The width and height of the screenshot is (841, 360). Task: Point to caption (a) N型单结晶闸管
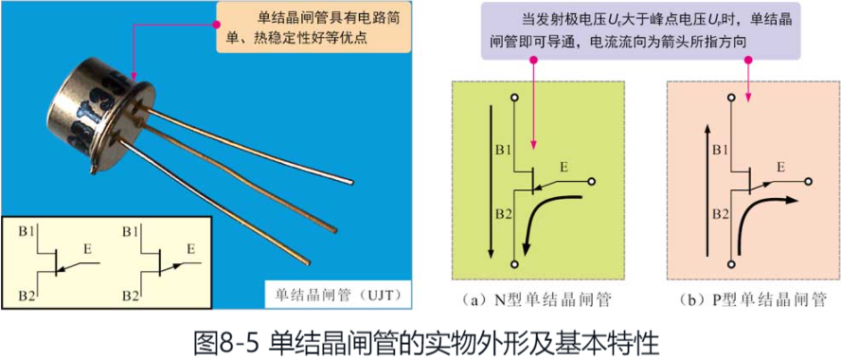coord(536,300)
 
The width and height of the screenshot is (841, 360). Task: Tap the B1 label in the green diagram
coord(503,151)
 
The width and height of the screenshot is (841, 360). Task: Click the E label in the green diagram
coord(563,168)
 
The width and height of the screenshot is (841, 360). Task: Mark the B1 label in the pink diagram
coord(719,151)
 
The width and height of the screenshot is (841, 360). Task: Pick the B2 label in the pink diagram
coord(719,214)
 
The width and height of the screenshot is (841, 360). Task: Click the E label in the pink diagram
coord(781,168)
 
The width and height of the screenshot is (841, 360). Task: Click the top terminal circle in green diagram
coord(513,97)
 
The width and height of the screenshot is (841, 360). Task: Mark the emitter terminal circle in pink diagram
coord(807,180)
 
